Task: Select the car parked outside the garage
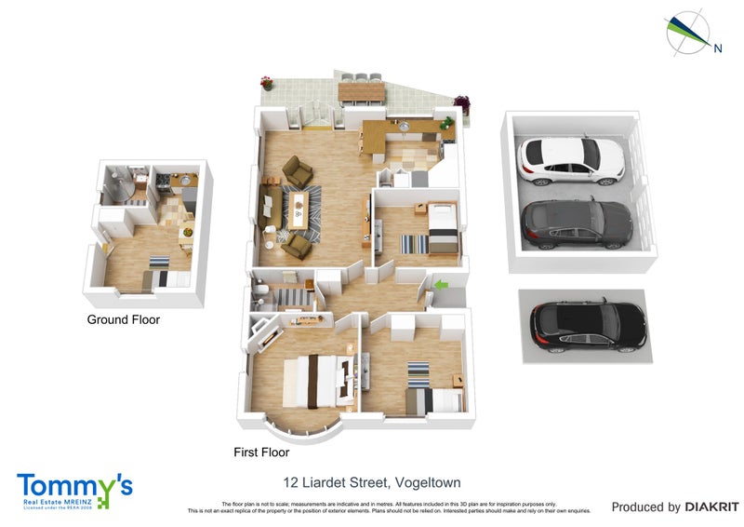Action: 588,323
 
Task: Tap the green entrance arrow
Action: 442,283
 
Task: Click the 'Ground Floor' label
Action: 123,319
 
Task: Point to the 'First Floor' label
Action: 261,453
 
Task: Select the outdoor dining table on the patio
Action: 363,90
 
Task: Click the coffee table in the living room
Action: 298,209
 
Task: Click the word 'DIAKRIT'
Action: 711,507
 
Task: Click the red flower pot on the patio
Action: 267,83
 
